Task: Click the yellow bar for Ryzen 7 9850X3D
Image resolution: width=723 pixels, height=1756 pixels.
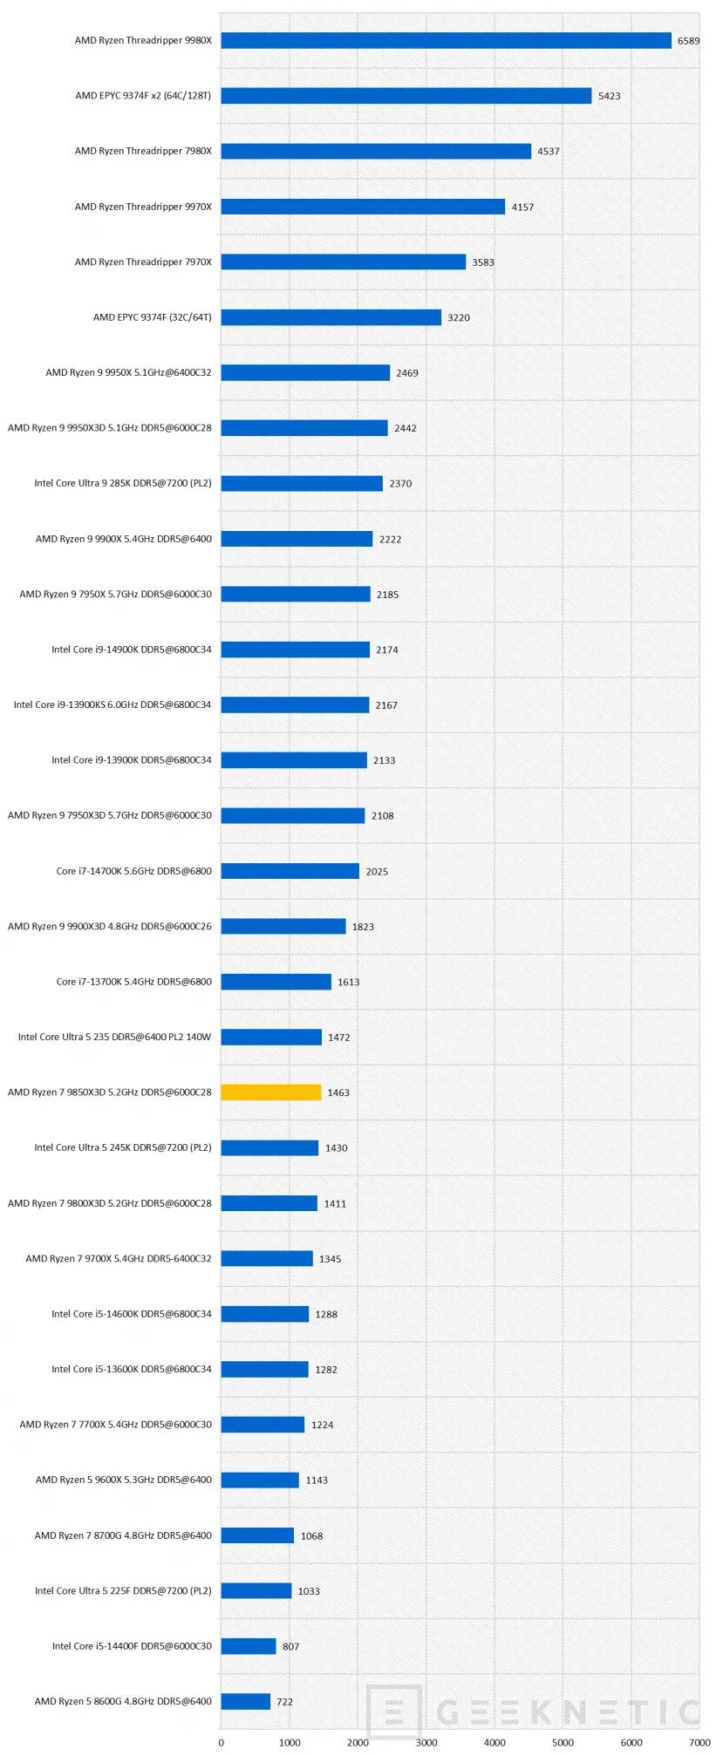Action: click(x=270, y=1092)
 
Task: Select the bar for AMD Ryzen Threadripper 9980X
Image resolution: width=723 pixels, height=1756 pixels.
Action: click(x=446, y=40)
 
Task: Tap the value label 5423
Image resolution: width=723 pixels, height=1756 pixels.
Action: click(x=609, y=96)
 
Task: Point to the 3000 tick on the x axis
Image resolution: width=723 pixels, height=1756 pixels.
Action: click(x=426, y=1742)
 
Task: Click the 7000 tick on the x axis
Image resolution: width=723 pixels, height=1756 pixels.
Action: click(x=699, y=1742)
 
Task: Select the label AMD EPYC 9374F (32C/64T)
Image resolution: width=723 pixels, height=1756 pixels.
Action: click(x=152, y=317)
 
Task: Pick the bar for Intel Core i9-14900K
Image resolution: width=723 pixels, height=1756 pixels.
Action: click(x=295, y=650)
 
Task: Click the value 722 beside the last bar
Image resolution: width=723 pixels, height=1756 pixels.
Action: click(x=284, y=1701)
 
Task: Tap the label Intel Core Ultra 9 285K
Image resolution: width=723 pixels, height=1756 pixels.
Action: click(x=123, y=483)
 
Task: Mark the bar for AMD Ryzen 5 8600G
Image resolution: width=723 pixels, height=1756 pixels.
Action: click(x=245, y=1701)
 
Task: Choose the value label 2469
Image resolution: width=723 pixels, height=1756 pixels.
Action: click(x=406, y=373)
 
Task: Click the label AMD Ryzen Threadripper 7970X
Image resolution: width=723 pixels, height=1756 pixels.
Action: click(x=143, y=262)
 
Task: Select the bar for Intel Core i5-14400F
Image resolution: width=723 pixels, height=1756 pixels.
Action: click(x=248, y=1646)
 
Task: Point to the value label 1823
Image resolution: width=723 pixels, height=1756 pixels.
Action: click(x=363, y=927)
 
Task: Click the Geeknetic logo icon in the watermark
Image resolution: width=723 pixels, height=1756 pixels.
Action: click(x=394, y=1710)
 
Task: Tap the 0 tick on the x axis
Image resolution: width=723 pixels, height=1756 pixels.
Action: click(x=221, y=1742)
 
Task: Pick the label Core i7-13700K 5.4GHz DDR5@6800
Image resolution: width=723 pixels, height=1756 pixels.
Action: click(x=133, y=982)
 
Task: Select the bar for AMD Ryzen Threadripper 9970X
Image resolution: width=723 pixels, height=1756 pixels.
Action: click(x=363, y=207)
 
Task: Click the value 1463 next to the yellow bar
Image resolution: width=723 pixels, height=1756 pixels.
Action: click(x=338, y=1092)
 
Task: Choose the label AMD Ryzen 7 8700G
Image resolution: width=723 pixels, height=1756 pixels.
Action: click(x=123, y=1535)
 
